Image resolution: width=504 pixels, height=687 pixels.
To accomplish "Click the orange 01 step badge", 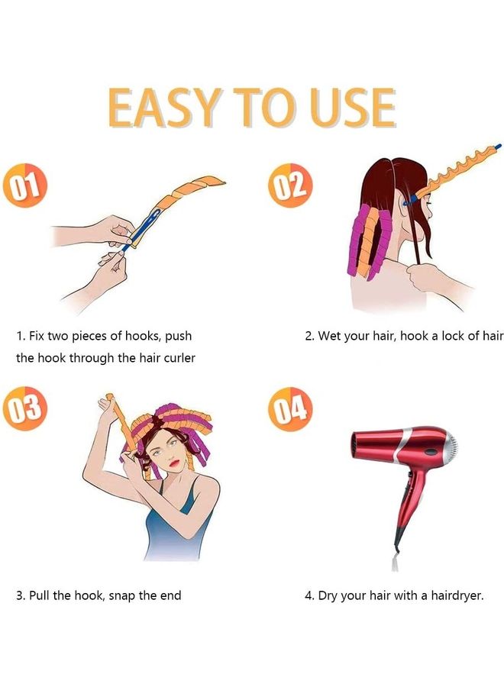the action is click(24, 185).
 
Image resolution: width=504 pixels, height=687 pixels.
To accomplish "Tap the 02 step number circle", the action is click(291, 185).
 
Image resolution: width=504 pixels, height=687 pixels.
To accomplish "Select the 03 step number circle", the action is click(25, 408).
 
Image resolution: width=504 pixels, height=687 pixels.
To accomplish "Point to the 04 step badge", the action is click(290, 409).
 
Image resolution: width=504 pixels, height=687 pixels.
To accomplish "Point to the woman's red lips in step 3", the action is click(175, 463).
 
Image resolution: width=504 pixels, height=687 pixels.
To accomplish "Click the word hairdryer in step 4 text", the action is click(457, 595).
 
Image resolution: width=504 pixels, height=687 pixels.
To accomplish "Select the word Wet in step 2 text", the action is click(329, 336).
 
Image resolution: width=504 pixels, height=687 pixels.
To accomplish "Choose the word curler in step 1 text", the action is click(179, 358).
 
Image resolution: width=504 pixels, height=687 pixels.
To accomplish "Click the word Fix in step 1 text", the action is click(37, 336).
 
